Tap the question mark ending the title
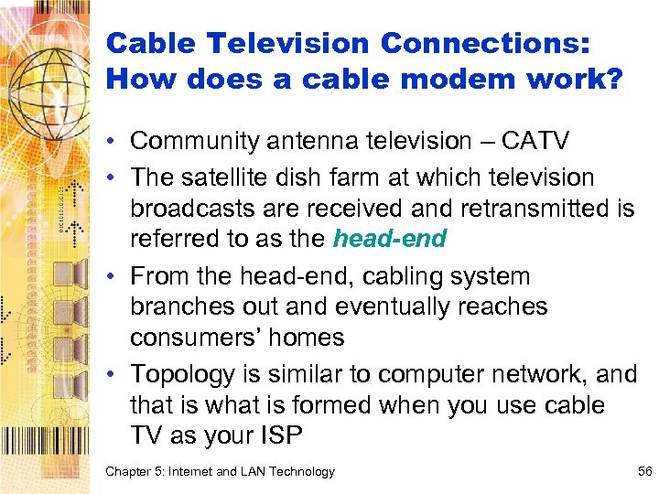click(x=612, y=79)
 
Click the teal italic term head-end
click(x=389, y=240)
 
